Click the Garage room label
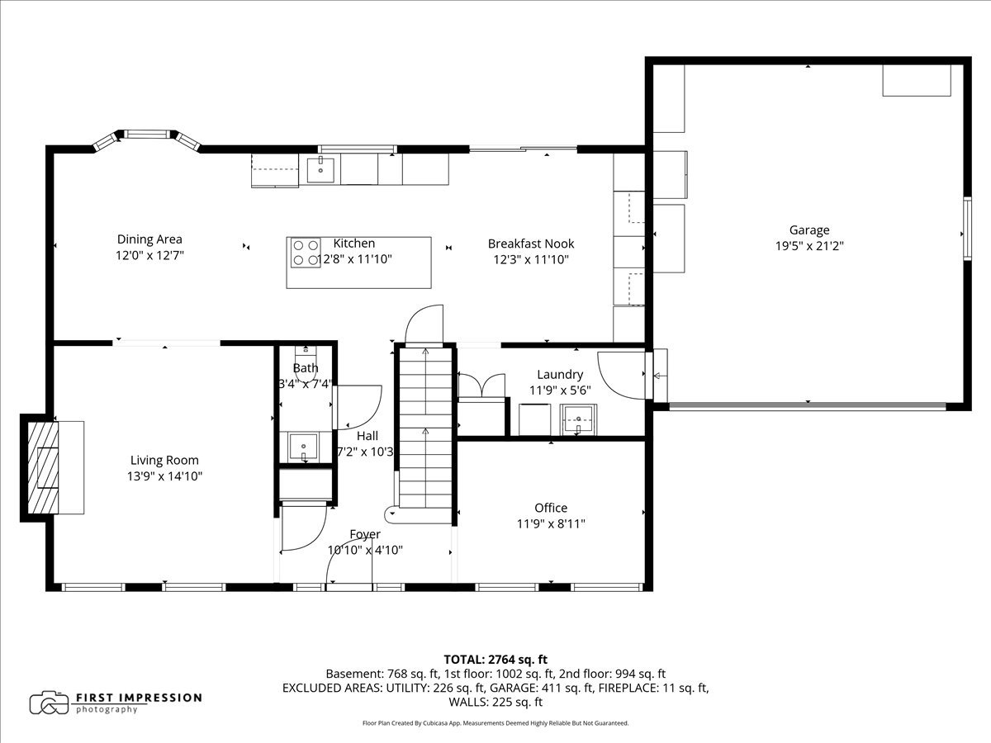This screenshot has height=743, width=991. [808, 230]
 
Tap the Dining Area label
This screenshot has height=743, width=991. [149, 240]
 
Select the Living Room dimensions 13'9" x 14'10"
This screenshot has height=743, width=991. [165, 476]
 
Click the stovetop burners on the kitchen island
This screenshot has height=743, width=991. [306, 253]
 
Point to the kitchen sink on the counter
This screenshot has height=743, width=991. [320, 170]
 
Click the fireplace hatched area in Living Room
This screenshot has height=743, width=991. [43, 467]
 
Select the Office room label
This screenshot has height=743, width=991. [550, 508]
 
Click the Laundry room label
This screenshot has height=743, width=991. [560, 375]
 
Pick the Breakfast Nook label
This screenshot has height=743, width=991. [530, 244]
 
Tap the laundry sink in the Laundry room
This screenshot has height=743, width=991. [578, 419]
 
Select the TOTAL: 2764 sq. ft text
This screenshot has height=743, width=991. [495, 659]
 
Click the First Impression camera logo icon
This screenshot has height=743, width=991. [49, 703]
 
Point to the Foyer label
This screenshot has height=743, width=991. [364, 535]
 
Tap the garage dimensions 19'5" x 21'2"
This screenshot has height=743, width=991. [808, 245]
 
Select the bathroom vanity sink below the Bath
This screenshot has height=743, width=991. [304, 447]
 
